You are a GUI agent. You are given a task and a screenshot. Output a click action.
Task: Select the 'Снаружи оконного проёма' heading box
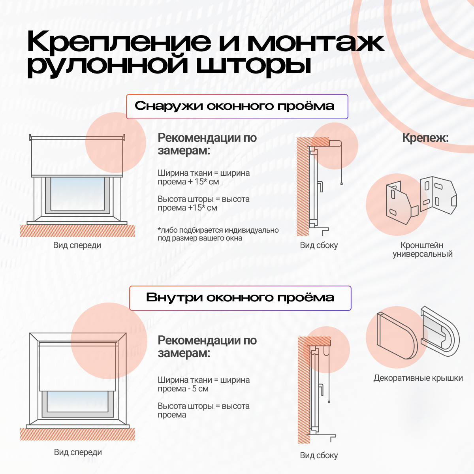point(237,107)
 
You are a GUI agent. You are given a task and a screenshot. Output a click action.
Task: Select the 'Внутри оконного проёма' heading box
point(240,298)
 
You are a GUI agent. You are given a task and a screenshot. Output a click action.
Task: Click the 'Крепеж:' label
point(425,138)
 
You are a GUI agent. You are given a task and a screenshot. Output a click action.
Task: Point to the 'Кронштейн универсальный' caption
point(422,249)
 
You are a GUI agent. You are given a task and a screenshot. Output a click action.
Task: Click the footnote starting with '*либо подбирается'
point(218,234)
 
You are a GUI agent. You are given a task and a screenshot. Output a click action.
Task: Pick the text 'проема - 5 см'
point(183,389)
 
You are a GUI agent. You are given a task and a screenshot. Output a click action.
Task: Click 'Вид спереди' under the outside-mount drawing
point(77,245)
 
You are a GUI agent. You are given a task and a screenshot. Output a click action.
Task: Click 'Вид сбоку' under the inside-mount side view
point(319,455)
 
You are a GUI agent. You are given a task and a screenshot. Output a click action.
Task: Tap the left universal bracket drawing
point(402,203)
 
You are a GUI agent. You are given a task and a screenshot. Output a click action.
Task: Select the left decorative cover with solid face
point(397,336)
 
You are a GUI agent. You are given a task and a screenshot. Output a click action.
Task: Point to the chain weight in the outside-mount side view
point(341,184)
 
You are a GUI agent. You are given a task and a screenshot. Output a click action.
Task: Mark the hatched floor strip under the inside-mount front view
point(77,434)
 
